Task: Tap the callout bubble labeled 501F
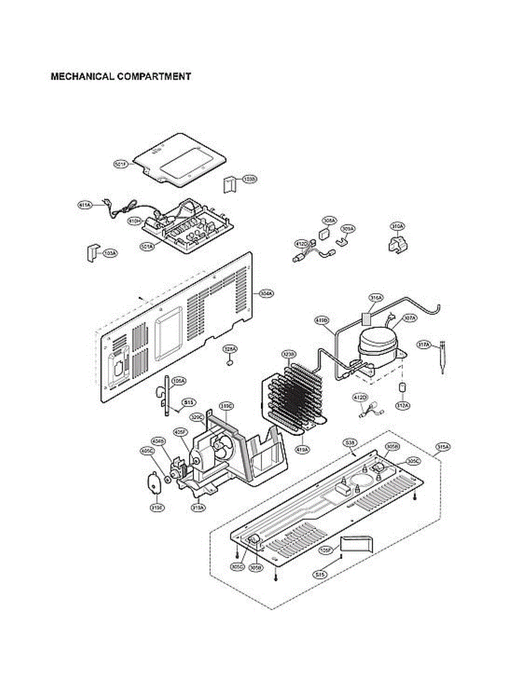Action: (x=121, y=164)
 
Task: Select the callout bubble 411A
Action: (x=85, y=205)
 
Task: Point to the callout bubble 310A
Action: (x=398, y=226)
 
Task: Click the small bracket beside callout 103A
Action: (x=91, y=252)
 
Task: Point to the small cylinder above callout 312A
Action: (x=402, y=388)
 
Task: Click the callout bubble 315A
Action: (x=443, y=447)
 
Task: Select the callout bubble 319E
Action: (x=155, y=507)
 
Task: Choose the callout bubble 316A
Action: (x=376, y=298)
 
